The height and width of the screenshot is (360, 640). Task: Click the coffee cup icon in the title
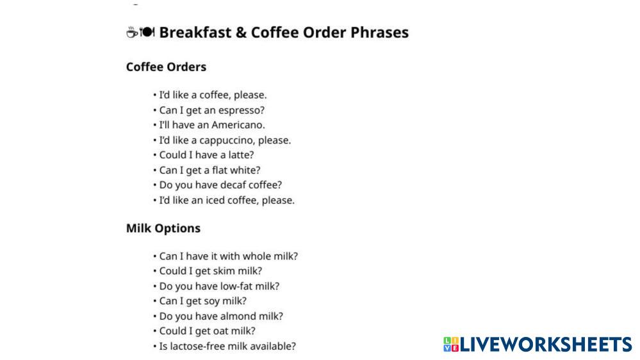[132, 32]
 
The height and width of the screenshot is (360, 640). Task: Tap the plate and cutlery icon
[147, 31]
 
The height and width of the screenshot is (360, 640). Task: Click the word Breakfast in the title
[195, 32]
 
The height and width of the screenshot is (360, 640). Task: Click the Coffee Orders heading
[166, 67]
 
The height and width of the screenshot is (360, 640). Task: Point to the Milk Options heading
[163, 228]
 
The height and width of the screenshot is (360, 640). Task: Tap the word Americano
[238, 125]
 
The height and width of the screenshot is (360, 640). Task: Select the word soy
[211, 301]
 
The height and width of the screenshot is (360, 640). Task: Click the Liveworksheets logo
[537, 344]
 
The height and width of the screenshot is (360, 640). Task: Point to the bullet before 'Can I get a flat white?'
[154, 170]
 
